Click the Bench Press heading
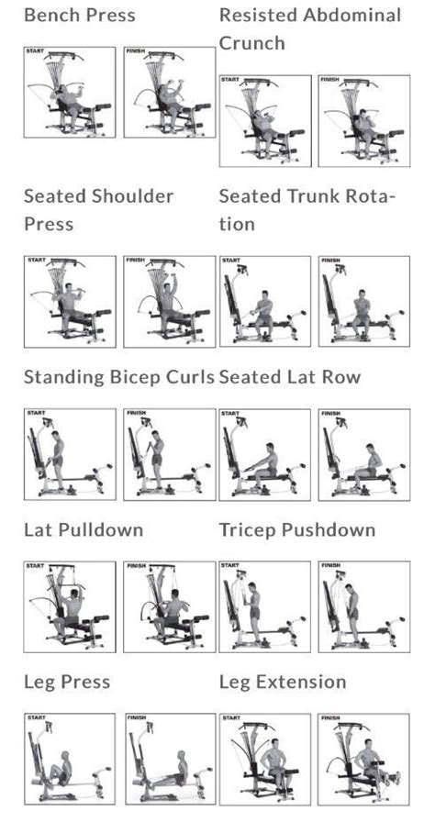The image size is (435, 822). (x=79, y=16)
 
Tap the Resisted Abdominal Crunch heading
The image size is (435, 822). (x=310, y=29)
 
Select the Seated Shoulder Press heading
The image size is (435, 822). (x=98, y=210)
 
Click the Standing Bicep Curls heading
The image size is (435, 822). (x=118, y=377)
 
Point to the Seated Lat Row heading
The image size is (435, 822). (x=290, y=377)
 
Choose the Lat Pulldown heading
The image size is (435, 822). (x=84, y=530)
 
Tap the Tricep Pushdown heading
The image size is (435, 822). (x=297, y=530)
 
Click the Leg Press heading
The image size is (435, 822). (x=67, y=682)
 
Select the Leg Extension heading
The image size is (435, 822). (x=283, y=682)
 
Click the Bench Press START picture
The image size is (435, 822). (x=70, y=93)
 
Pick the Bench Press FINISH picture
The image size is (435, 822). (x=169, y=93)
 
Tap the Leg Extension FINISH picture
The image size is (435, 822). (x=363, y=759)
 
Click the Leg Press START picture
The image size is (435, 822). (x=70, y=759)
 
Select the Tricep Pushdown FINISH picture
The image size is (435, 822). (x=363, y=606)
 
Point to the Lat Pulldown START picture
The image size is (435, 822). (x=70, y=606)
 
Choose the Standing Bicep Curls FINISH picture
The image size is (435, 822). (x=169, y=454)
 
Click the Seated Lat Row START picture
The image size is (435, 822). (x=265, y=454)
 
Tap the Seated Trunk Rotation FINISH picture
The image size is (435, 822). (x=363, y=301)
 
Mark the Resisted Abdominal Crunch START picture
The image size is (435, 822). (x=265, y=121)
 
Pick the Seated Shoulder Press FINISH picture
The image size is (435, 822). (x=169, y=301)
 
